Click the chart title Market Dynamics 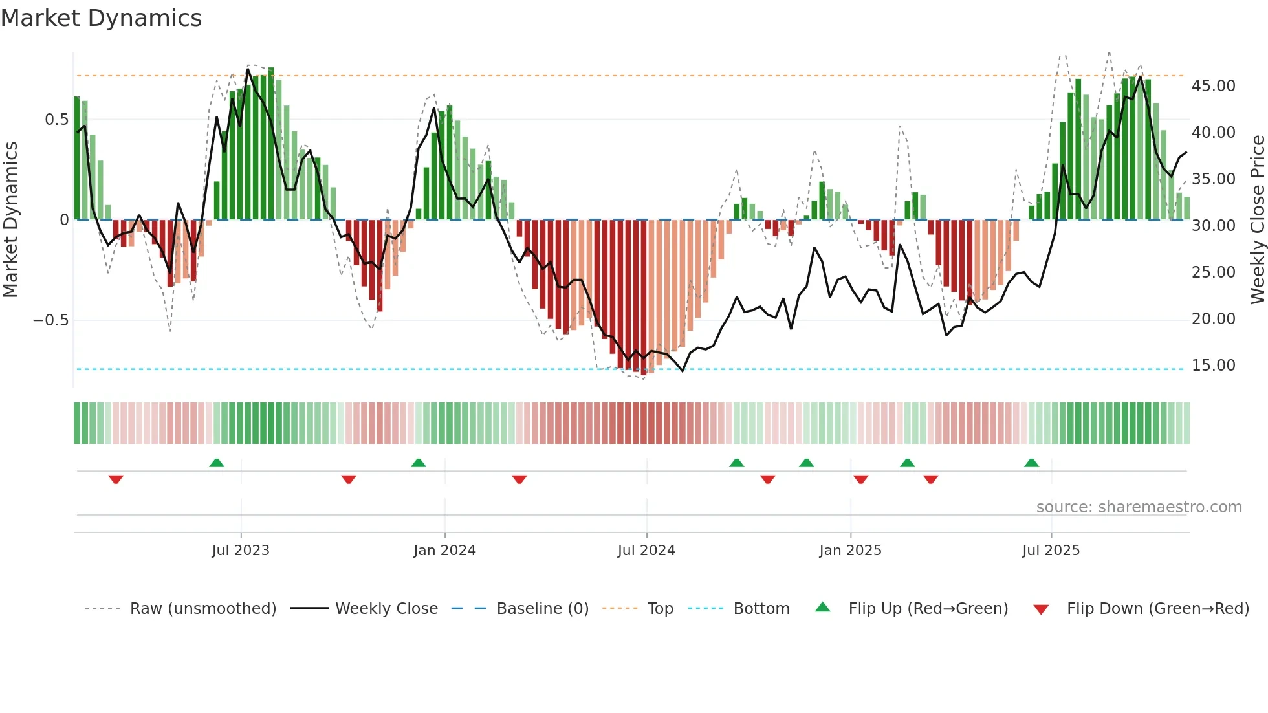(x=102, y=18)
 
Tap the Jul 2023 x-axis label (x=241, y=551)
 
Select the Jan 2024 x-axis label (x=444, y=551)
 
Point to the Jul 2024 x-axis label (x=646, y=551)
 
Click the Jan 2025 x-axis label (x=850, y=551)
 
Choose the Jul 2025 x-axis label (x=1051, y=551)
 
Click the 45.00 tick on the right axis (x=1213, y=86)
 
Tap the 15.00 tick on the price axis (x=1213, y=366)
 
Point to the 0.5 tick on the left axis (x=56, y=120)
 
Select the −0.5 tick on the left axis (x=51, y=320)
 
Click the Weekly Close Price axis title (x=1257, y=220)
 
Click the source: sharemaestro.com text (x=1139, y=507)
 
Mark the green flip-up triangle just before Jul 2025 (x=1031, y=463)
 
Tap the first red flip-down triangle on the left (x=116, y=479)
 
